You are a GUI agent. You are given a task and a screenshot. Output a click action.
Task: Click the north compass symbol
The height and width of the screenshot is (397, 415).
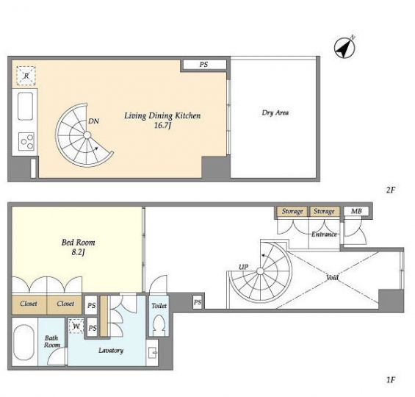pyautogui.click(x=344, y=47)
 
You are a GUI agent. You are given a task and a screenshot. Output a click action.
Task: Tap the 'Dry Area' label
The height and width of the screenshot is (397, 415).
pyautogui.click(x=275, y=112)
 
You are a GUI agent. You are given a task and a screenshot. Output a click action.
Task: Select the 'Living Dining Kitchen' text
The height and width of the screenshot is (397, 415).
pyautogui.click(x=162, y=115)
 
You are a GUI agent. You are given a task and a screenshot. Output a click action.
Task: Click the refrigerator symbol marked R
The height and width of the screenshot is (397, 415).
pyautogui.click(x=26, y=76)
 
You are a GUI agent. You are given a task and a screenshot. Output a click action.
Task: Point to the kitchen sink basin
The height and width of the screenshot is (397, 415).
pyautogui.click(x=26, y=106)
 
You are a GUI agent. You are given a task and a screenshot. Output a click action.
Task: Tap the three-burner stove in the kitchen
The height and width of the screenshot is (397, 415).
pyautogui.click(x=26, y=141)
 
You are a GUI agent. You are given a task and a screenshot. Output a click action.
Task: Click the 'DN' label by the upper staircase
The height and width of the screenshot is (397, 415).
pyautogui.click(x=93, y=121)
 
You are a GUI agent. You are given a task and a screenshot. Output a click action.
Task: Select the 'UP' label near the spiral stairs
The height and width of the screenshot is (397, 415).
pyautogui.click(x=244, y=267)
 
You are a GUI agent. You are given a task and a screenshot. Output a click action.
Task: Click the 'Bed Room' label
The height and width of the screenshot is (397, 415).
pyautogui.click(x=78, y=243)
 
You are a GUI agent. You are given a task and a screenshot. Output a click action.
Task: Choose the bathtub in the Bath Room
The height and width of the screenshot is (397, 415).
pyautogui.click(x=24, y=343)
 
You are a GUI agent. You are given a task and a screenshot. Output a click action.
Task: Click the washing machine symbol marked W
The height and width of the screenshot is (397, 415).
pyautogui.click(x=76, y=326)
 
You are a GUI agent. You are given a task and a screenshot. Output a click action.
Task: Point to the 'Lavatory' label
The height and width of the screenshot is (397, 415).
pyautogui.click(x=111, y=351)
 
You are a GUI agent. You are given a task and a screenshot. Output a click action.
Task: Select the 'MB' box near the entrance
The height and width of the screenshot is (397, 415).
pyautogui.click(x=356, y=211)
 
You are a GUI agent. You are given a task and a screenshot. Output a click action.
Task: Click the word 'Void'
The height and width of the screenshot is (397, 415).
pyautogui.click(x=332, y=277)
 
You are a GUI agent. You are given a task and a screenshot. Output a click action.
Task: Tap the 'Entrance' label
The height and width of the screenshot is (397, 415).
pyautogui.click(x=324, y=234)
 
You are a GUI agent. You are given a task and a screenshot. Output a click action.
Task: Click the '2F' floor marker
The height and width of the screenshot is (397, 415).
pyautogui.click(x=391, y=190)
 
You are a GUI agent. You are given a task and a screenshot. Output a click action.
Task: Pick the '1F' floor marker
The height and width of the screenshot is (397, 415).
pyautogui.click(x=391, y=380)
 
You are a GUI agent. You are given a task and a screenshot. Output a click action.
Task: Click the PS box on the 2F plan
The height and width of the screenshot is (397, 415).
pyautogui.click(x=203, y=65)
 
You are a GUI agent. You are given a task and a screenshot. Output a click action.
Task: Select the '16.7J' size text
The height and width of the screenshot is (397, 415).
pyautogui.click(x=162, y=126)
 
